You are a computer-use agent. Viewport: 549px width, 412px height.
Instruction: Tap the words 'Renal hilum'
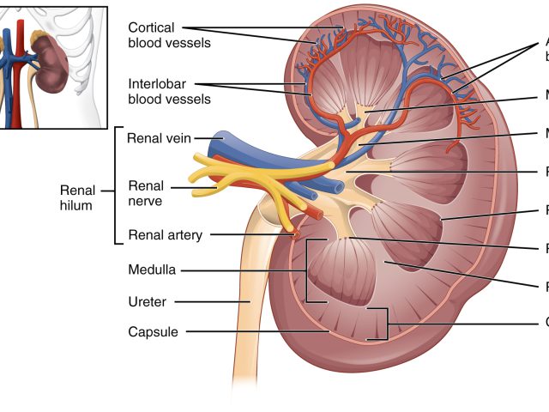pyautogui.click(x=77, y=197)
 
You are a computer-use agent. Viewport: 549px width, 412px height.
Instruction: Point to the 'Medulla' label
pyautogui.click(x=152, y=270)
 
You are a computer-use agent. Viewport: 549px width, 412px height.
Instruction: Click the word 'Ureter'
pyautogui.click(x=147, y=301)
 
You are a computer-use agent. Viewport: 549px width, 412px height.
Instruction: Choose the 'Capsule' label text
pyautogui.click(x=153, y=331)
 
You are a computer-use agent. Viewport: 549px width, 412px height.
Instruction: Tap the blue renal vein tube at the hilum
pyautogui.click(x=257, y=154)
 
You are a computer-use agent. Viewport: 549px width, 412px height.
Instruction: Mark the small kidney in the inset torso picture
pyautogui.click(x=57, y=65)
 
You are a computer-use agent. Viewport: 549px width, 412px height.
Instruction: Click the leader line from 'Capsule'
pyautogui.click(x=257, y=331)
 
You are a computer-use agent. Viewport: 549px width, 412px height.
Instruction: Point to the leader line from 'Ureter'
pyautogui.click(x=214, y=301)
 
